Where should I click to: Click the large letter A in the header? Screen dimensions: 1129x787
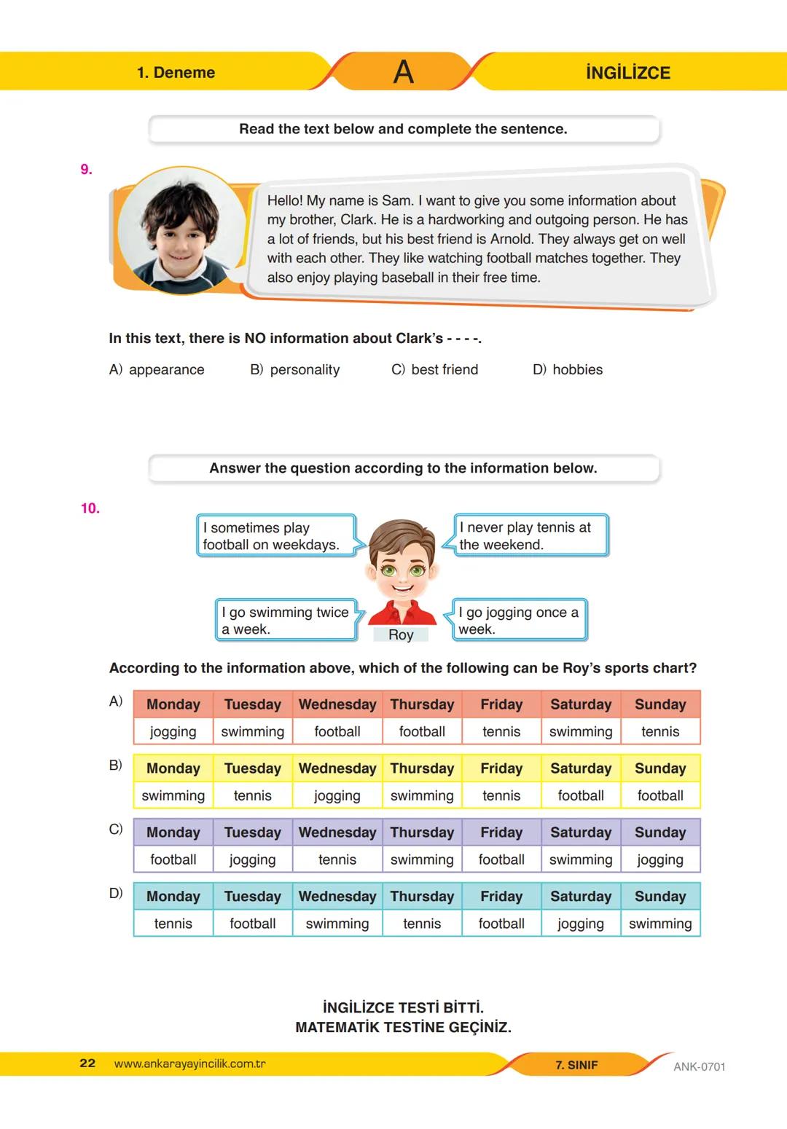pos(403,72)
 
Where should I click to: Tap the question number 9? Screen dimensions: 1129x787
pos(86,170)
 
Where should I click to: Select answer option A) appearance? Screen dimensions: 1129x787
pos(157,370)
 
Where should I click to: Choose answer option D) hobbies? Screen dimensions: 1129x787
pos(568,370)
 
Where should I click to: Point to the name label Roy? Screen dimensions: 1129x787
pos(401,635)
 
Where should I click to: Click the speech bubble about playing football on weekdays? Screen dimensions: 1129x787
pos(275,536)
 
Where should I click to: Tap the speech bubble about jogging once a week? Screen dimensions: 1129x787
pos(519,621)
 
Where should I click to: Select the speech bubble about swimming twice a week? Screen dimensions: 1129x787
pos(286,621)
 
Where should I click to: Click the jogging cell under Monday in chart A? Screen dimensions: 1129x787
pos(173,731)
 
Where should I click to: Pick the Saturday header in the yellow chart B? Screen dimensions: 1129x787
pos(581,768)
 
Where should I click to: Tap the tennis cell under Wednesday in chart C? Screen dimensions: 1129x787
pos(337,859)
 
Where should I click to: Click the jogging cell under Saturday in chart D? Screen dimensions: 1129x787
pos(581,924)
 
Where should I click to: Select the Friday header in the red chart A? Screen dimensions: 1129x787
pos(501,704)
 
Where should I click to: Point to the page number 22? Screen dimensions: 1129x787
pos(87,1063)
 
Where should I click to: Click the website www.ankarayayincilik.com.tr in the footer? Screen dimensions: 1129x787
pos(190,1064)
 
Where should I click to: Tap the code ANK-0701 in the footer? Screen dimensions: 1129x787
pos(699,1067)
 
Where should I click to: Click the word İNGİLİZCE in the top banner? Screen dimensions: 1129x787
pos(627,73)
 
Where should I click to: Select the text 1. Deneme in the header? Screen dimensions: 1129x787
pos(176,73)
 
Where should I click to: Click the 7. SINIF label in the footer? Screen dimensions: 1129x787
pos(576,1065)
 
